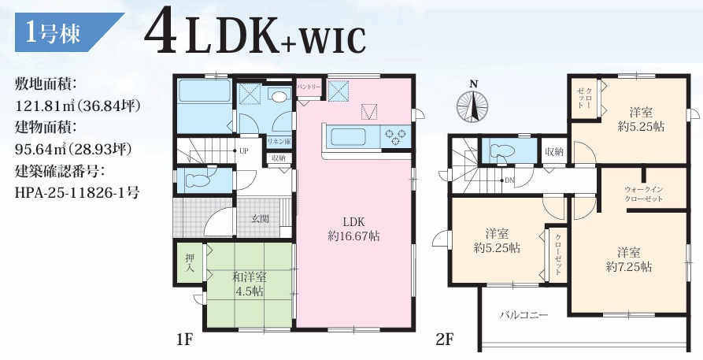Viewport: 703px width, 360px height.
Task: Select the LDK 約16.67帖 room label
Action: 353,229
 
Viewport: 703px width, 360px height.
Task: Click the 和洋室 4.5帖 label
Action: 250,284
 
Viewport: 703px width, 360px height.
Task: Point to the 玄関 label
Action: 260,219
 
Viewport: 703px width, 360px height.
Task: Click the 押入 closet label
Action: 189,263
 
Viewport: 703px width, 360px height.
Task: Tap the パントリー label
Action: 309,86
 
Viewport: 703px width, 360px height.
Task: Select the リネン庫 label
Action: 279,141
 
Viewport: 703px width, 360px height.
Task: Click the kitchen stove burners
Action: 395,136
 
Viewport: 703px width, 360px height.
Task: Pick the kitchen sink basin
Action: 351,136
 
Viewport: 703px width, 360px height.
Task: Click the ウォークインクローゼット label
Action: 644,194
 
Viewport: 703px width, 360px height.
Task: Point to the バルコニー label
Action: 524,314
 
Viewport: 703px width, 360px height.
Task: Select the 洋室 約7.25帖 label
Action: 628,259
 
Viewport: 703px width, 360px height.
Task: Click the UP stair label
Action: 243,151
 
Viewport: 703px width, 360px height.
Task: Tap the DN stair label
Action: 509,181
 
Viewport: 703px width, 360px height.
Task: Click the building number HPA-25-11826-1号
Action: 77,193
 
